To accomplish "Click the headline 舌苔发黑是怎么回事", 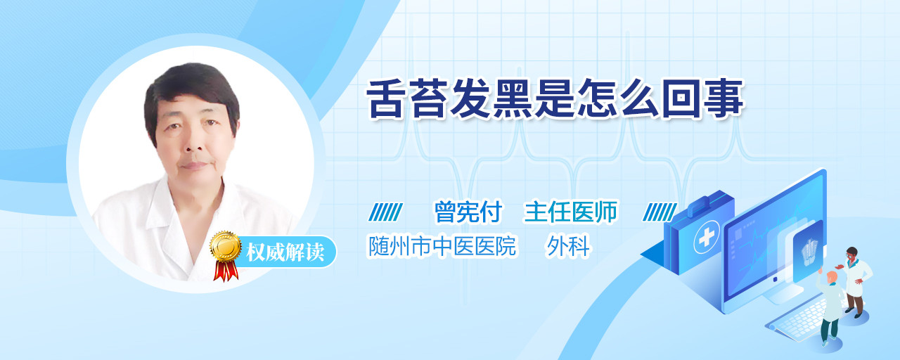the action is point(555,99).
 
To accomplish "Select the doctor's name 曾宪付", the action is point(468,212).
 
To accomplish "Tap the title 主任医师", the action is point(570,212).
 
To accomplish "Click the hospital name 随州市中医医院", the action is point(442,246).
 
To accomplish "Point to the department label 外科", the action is point(567,246).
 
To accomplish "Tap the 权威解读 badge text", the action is point(285,252).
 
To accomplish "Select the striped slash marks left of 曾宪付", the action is point(386,212).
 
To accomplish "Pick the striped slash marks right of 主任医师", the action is point(660,212).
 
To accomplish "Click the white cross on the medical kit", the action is point(706,238).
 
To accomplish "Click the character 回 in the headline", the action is point(681,99).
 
